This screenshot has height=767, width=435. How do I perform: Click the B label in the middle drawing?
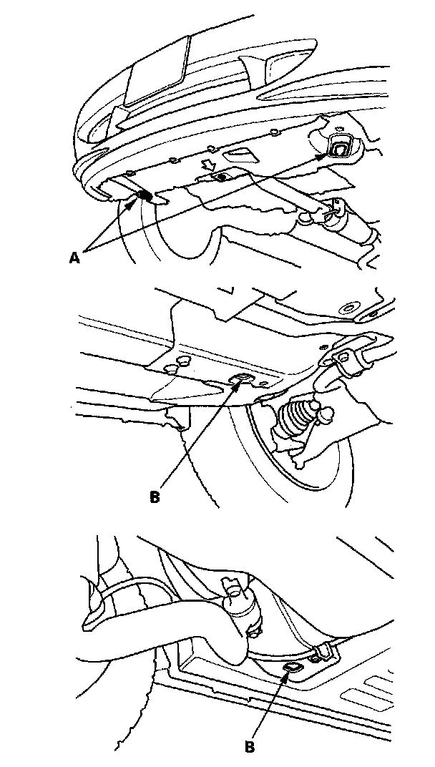[155, 495]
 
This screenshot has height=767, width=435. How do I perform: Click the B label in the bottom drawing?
[250, 746]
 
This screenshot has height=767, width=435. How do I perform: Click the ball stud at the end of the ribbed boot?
[330, 414]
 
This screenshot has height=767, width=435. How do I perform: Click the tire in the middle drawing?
[300, 465]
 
